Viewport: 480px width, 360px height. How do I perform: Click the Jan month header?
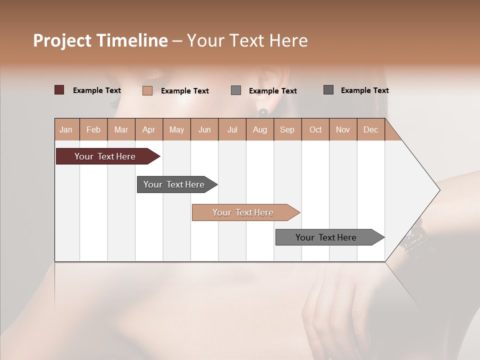66,129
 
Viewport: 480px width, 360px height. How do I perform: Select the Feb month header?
93,129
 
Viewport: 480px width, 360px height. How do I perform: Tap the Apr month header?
149,129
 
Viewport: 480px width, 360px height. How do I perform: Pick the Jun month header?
204,129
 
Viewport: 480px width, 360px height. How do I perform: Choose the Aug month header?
260,129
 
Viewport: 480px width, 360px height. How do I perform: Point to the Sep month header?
287,129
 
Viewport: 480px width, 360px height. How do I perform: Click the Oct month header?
315,129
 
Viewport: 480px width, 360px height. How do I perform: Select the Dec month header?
371,129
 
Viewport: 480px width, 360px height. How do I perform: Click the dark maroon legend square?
59,90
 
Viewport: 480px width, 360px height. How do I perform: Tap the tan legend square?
147,90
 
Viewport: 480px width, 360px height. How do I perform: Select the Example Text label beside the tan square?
185,91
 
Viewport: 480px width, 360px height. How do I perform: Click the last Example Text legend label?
365,90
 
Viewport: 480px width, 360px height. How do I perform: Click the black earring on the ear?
263,111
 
